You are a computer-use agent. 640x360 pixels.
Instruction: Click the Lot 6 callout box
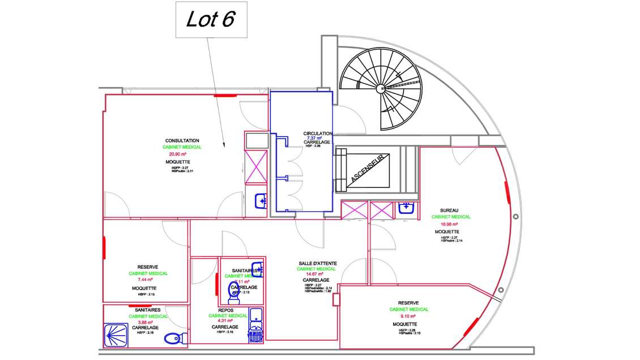pyautogui.click(x=210, y=20)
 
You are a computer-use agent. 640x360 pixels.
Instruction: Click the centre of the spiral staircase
pyautogui.click(x=380, y=89)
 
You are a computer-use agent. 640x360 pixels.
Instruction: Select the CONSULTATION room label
pyautogui.click(x=182, y=140)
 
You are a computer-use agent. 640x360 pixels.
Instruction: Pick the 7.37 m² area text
pyautogui.click(x=314, y=138)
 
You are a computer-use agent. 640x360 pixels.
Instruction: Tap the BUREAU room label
pyautogui.click(x=449, y=210)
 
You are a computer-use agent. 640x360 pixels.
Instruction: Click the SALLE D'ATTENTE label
pyautogui.click(x=318, y=263)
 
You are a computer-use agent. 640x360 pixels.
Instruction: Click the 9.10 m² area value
pyautogui.click(x=408, y=316)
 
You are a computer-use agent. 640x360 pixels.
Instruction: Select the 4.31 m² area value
pyautogui.click(x=227, y=321)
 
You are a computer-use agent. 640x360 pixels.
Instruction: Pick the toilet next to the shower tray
pyautogui.click(x=173, y=338)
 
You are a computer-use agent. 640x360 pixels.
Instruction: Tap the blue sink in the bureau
pyautogui.click(x=407, y=208)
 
